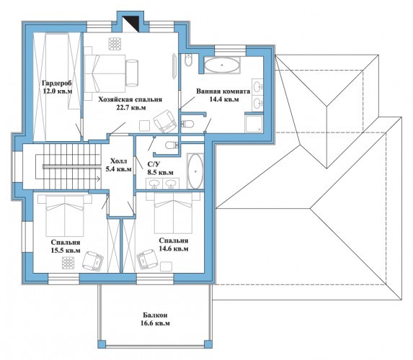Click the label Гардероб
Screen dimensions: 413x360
(x=57, y=83)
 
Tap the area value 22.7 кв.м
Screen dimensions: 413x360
(x=131, y=107)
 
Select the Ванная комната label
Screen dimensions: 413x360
(x=223, y=91)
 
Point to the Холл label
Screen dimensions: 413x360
(x=118, y=161)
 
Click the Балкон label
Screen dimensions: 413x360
(x=155, y=315)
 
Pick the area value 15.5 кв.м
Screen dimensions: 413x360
(x=66, y=251)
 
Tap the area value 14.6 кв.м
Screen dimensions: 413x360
(x=174, y=248)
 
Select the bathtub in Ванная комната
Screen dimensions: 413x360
(x=222, y=65)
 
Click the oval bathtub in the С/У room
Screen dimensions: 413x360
(x=195, y=171)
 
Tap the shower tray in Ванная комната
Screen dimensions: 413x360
(x=254, y=125)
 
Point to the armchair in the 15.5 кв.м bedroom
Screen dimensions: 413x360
(x=93, y=261)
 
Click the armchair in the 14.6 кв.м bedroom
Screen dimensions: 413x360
(x=147, y=259)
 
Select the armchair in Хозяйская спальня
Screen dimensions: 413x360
(x=164, y=121)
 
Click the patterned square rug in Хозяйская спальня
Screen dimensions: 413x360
(x=115, y=44)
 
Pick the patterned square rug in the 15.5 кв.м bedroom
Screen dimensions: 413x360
(x=68, y=263)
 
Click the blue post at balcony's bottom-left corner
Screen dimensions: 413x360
(x=102, y=344)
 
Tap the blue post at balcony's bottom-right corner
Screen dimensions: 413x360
(x=208, y=344)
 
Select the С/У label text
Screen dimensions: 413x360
(x=154, y=164)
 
